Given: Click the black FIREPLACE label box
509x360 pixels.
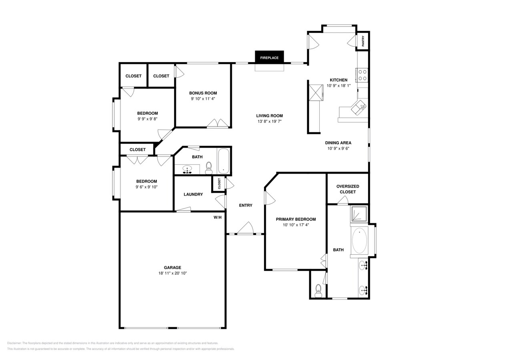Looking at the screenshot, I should [269, 57].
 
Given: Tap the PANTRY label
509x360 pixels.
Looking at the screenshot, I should [363, 41].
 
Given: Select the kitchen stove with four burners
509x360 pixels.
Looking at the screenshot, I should [362, 75].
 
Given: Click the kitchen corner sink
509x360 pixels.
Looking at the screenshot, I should [359, 107].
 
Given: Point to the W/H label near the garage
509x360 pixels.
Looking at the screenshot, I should [217, 217].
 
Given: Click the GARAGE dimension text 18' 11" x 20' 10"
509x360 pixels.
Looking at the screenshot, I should [172, 273].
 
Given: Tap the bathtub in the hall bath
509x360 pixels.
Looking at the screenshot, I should [223, 161].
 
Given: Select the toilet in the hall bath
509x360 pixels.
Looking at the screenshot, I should [208, 168].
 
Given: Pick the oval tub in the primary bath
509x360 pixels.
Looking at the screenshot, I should [359, 241].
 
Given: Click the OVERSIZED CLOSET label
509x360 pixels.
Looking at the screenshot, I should [347, 189].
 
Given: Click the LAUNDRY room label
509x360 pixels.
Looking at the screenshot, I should [193, 194].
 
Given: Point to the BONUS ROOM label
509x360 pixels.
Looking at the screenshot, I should [203, 93].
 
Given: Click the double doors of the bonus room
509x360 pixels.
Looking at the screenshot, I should [218, 123].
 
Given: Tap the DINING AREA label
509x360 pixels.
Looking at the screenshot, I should [338, 143].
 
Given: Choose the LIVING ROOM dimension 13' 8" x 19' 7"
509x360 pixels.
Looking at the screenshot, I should [270, 121].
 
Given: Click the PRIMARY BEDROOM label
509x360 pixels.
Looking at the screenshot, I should [296, 219].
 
